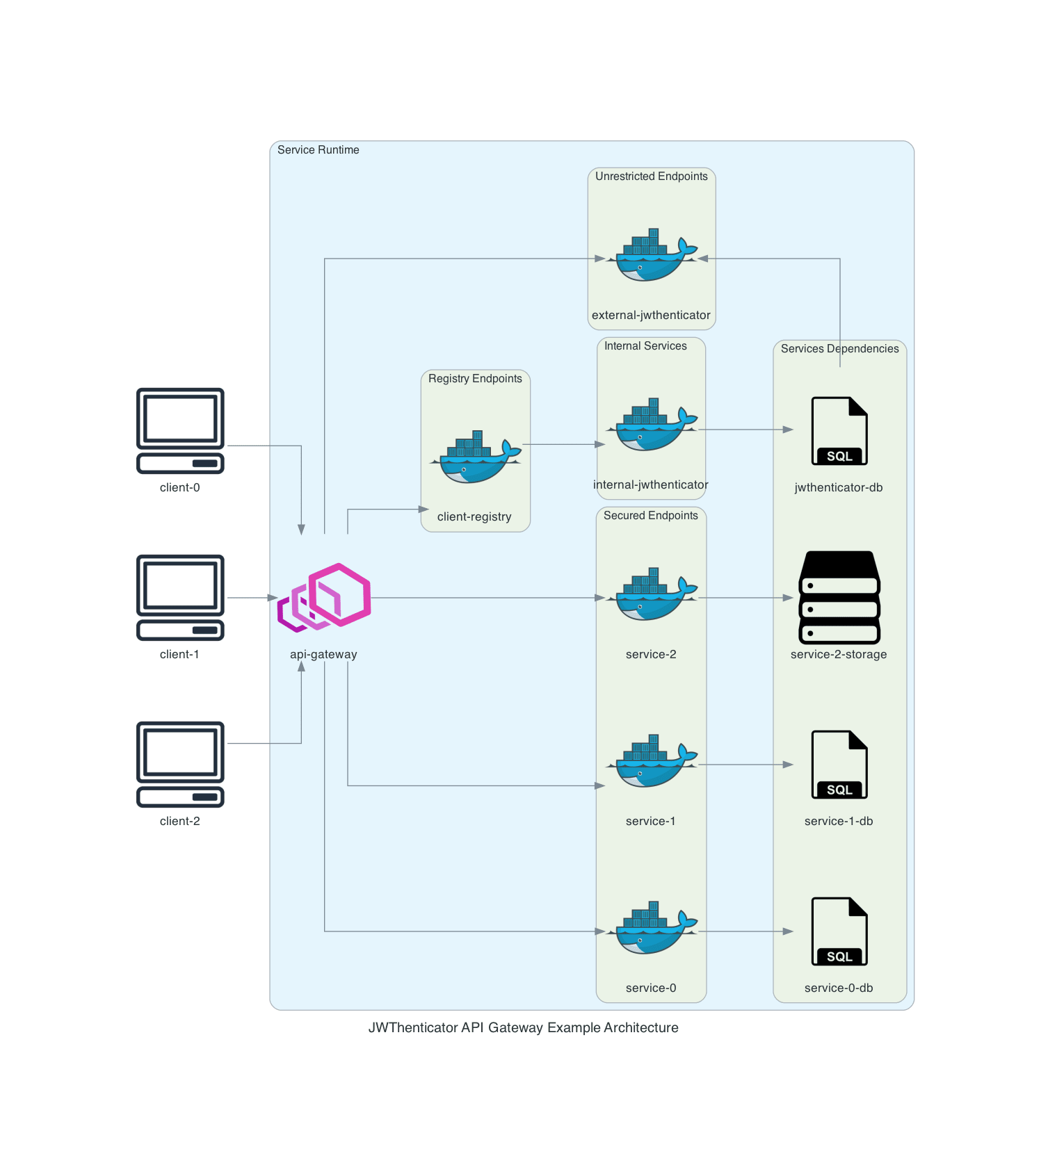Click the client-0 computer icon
click(x=180, y=430)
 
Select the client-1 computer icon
click(x=180, y=597)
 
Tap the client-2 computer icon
click(x=180, y=764)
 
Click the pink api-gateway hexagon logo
click(x=325, y=598)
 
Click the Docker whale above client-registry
click(x=476, y=457)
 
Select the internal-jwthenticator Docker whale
click(x=652, y=425)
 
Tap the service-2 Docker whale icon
click(x=652, y=594)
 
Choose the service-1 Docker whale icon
click(x=652, y=761)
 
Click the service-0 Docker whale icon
click(x=652, y=928)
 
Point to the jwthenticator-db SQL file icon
click(x=839, y=431)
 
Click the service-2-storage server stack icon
click(x=839, y=598)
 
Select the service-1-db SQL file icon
click(x=839, y=765)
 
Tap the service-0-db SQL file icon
click(x=839, y=931)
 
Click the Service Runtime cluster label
click(x=319, y=150)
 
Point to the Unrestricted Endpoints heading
click(x=652, y=177)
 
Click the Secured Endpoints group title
click(x=651, y=516)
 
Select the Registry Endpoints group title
click(x=475, y=379)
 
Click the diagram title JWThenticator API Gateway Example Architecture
click(x=523, y=1028)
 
